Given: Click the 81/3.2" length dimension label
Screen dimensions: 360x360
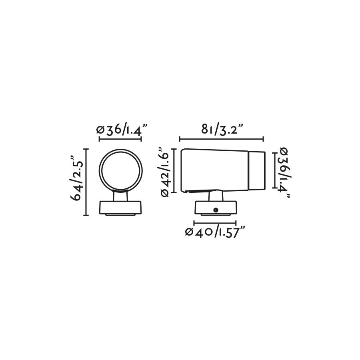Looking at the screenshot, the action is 222,129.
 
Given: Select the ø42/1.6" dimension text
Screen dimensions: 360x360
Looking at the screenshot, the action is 165,172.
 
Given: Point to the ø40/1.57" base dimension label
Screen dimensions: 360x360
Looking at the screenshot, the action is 215,232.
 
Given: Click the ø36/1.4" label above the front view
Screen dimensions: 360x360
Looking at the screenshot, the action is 122,130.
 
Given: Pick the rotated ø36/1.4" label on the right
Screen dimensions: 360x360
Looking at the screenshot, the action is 284,173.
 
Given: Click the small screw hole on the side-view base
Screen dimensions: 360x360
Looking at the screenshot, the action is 215,210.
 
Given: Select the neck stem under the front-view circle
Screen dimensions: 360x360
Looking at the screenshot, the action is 120,196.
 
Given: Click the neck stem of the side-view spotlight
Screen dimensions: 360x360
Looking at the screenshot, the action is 216,196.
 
